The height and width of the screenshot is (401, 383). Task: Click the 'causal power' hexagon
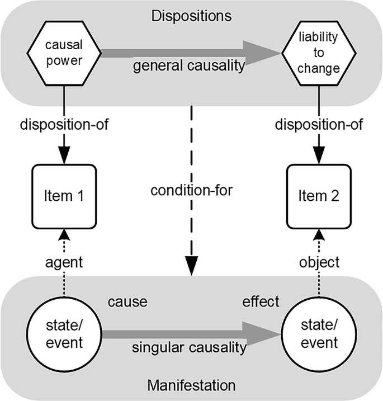[x=64, y=53]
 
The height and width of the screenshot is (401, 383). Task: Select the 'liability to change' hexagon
[x=319, y=53]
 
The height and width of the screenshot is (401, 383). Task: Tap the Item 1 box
[x=64, y=196]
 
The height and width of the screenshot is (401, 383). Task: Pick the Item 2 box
[x=319, y=196]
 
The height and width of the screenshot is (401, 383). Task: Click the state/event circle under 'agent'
[x=64, y=334]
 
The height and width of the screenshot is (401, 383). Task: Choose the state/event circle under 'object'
[x=319, y=334]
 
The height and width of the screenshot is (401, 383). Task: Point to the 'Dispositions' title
[x=191, y=16]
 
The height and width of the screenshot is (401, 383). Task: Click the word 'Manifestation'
[x=191, y=385]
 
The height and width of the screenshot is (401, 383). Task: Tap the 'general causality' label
[x=189, y=65]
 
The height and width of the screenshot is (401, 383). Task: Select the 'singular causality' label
[x=189, y=347]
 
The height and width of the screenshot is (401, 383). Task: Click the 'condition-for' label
[x=191, y=191]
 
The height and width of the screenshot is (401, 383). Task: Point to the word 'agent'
[x=64, y=263]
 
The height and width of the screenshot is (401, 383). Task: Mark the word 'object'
[x=319, y=262]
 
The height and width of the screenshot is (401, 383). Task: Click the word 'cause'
[x=127, y=302]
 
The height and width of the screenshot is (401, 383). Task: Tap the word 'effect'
[x=261, y=301]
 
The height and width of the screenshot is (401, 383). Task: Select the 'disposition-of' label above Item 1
[x=64, y=125]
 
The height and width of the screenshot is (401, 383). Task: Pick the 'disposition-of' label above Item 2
[x=319, y=125]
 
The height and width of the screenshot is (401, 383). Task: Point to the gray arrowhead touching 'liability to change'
[x=262, y=53]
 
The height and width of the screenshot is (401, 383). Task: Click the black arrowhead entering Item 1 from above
[x=64, y=155]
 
